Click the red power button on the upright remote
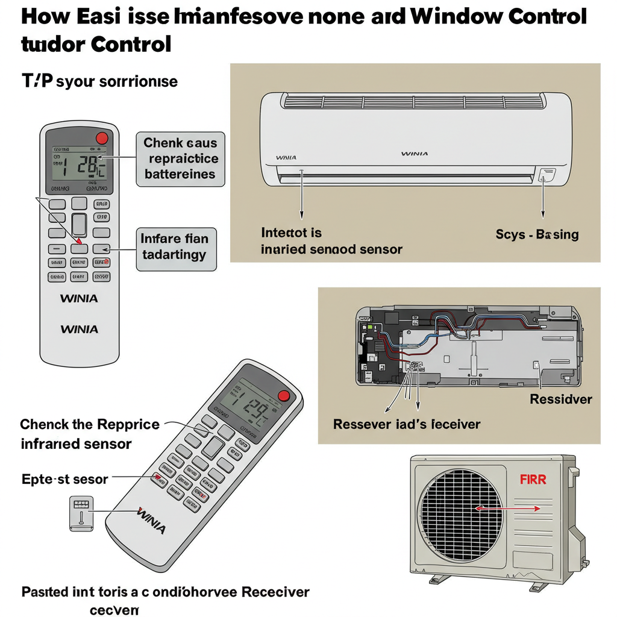point(102,137)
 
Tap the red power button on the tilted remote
point(284,395)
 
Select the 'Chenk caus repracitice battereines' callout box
point(181,159)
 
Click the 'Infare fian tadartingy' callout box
point(175,247)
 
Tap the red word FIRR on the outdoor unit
point(533,480)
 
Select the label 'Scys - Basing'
point(537,234)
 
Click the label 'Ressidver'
point(560,399)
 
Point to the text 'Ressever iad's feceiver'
point(407,424)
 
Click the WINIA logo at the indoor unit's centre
point(415,154)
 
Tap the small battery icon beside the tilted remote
point(81,513)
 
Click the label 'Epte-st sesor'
point(64,480)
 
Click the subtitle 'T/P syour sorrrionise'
point(99,81)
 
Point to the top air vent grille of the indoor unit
point(413,102)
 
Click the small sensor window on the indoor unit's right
point(547,175)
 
